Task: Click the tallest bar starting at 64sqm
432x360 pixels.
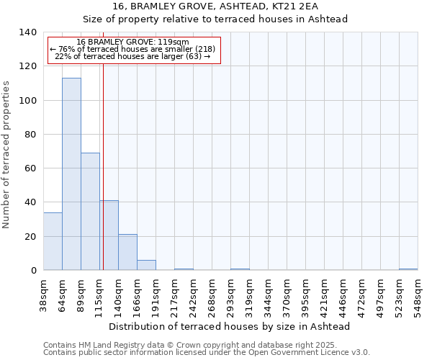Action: click(x=71, y=174)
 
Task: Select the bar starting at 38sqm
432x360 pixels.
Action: click(x=53, y=241)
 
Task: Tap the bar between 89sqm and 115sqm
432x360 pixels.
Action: click(x=90, y=212)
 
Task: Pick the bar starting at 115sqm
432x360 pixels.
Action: click(x=109, y=235)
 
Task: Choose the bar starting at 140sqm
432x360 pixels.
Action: click(x=127, y=252)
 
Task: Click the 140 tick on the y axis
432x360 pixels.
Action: click(x=29, y=32)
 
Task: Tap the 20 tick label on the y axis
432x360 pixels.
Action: click(x=31, y=237)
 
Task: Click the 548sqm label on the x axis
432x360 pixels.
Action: click(x=418, y=297)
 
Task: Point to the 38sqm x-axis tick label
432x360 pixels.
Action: click(x=44, y=297)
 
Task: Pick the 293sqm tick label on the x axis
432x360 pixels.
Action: click(x=231, y=297)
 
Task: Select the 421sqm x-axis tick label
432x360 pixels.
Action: click(x=325, y=297)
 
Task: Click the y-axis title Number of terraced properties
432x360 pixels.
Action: click(x=6, y=155)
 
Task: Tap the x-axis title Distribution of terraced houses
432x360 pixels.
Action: click(x=230, y=326)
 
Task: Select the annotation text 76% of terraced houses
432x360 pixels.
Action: click(x=132, y=49)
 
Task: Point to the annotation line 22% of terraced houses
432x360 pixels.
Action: click(x=132, y=56)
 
